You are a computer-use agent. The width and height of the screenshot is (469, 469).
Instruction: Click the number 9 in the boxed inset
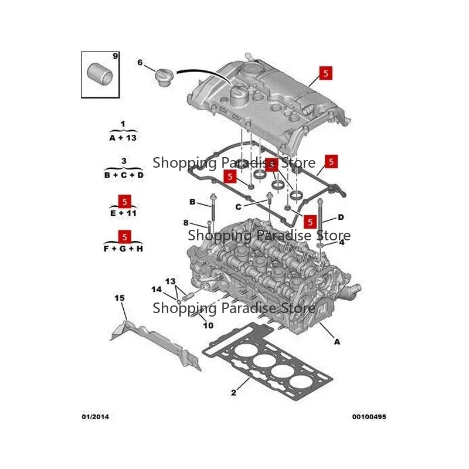coord(115,56)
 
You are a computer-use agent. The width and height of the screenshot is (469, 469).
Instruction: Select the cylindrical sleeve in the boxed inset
coord(100,74)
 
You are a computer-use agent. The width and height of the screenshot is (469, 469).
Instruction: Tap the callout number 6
coord(140,63)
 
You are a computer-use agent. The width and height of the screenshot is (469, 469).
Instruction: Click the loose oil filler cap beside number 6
coord(164,77)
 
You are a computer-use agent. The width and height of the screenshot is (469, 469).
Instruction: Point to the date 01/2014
coord(96,417)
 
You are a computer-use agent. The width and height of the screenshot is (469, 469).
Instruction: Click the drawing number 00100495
coord(369,417)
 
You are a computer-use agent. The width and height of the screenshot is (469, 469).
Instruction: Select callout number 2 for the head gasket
coord(233,392)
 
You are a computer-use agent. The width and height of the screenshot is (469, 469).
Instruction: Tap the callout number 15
coord(120,298)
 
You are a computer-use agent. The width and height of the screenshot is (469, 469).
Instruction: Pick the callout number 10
coord(208,325)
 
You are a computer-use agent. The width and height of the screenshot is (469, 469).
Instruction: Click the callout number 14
coord(157,289)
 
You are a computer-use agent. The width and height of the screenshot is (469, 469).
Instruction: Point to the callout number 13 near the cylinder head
coord(170,281)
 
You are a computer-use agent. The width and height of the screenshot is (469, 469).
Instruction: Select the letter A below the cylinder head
coord(337,342)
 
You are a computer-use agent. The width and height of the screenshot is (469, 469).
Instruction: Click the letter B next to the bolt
coord(192,202)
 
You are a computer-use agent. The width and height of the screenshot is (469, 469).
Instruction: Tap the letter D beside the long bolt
coord(341,217)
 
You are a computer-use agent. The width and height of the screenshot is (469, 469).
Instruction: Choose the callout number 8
coord(186,223)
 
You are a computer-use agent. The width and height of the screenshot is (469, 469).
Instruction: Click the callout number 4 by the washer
coord(342,242)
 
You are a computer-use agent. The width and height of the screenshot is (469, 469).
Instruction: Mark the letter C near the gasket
coord(238,207)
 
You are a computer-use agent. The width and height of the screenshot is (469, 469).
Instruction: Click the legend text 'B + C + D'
coord(124,175)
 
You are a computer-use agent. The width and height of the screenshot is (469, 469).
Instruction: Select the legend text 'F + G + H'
coord(123,249)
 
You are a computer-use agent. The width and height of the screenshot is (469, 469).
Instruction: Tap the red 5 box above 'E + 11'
coord(125,202)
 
